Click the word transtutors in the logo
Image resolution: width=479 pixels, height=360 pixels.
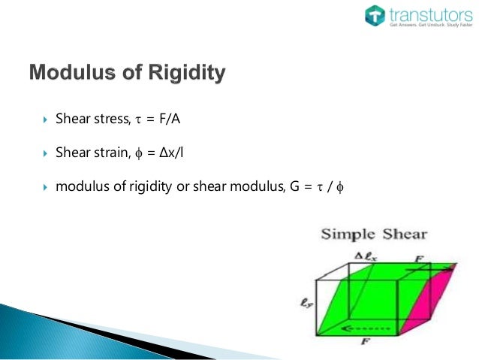tap(427, 13)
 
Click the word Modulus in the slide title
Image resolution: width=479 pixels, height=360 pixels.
tap(71, 74)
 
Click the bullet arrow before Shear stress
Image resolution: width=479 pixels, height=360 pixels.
tap(45, 120)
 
